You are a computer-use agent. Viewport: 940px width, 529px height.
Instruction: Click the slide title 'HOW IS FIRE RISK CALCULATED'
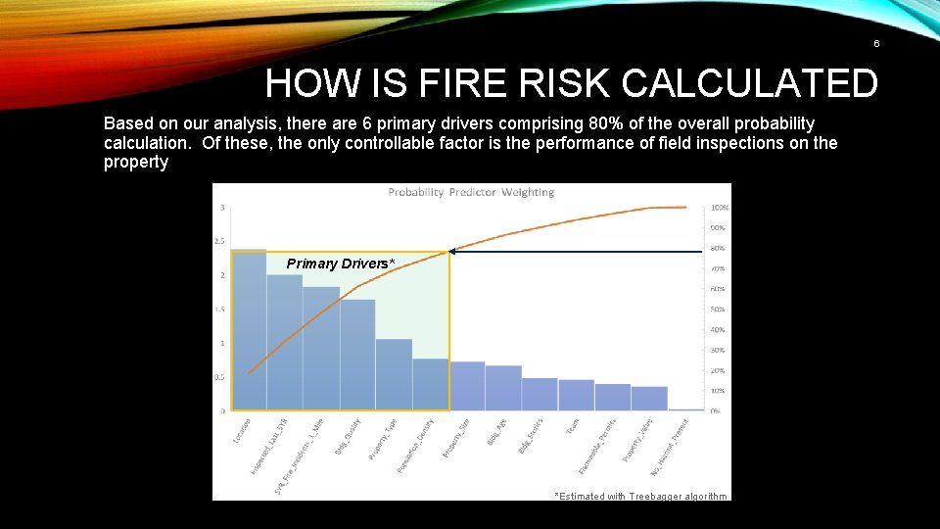pyautogui.click(x=571, y=84)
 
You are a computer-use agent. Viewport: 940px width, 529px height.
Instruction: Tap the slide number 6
pyautogui.click(x=876, y=44)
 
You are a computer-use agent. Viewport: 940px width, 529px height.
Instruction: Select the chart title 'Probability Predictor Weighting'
pyautogui.click(x=471, y=192)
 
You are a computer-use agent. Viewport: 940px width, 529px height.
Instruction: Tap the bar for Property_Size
pyautogui.click(x=467, y=386)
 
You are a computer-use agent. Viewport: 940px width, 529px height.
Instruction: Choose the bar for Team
pyautogui.click(x=576, y=395)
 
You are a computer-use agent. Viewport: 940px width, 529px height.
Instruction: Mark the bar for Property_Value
pyautogui.click(x=649, y=398)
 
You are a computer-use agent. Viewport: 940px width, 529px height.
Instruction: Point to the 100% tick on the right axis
pyautogui.click(x=719, y=208)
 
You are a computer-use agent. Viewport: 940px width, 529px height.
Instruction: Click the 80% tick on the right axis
pyautogui.click(x=718, y=248)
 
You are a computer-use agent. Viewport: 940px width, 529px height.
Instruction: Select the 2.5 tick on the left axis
pyautogui.click(x=220, y=241)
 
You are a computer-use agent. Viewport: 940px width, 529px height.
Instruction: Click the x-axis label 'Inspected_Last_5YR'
pyautogui.click(x=268, y=447)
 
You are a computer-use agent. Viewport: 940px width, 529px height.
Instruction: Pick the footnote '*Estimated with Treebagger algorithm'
pyautogui.click(x=640, y=497)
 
